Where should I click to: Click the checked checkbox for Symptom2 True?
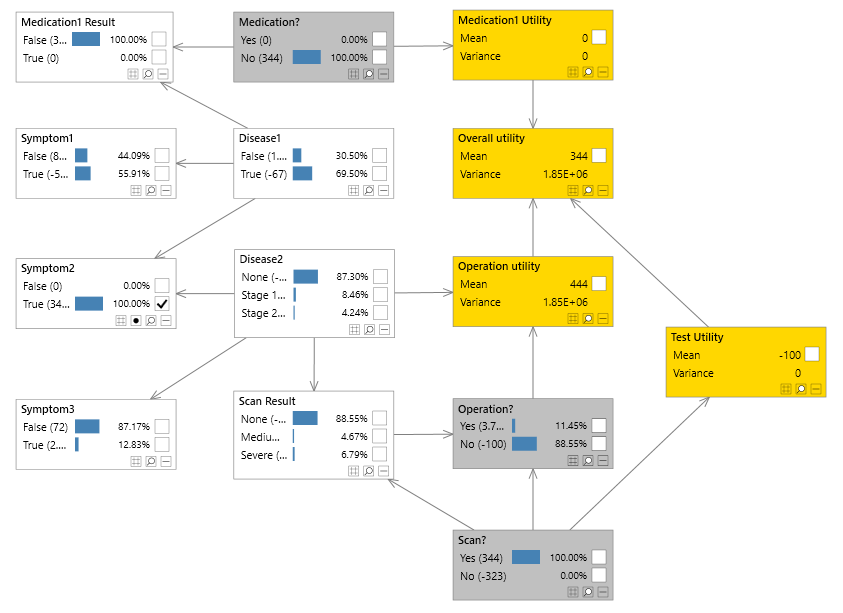pyautogui.click(x=161, y=303)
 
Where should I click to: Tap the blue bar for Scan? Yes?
pyautogui.click(x=525, y=557)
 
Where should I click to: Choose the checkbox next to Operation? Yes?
pyautogui.click(x=598, y=425)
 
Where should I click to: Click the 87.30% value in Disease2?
pyautogui.click(x=351, y=277)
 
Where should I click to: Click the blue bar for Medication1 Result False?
pyautogui.click(x=86, y=38)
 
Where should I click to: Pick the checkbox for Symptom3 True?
pyautogui.click(x=161, y=444)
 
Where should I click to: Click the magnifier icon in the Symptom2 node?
pyautogui.click(x=151, y=321)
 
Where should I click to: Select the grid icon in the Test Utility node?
pyautogui.click(x=786, y=388)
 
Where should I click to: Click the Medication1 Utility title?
pyautogui.click(x=505, y=20)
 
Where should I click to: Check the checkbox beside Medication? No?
pyautogui.click(x=379, y=57)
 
